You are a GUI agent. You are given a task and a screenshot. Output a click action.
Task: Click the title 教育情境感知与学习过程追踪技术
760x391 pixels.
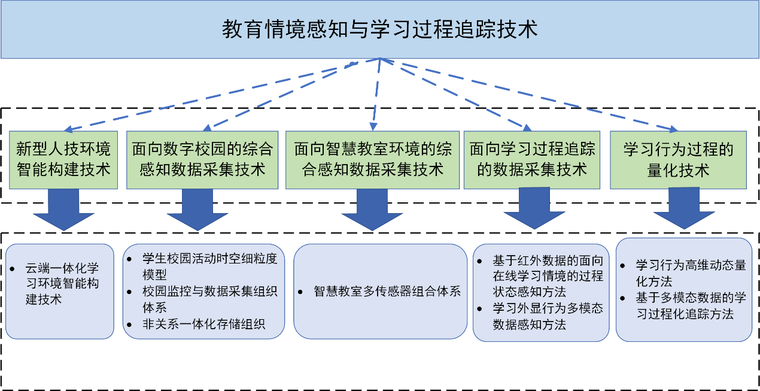379,29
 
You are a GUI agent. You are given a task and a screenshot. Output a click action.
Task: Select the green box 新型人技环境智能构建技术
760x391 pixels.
63,159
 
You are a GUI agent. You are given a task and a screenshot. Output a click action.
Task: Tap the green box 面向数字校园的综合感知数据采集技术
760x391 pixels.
202,159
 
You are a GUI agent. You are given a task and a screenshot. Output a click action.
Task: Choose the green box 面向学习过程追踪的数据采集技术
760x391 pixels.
532,159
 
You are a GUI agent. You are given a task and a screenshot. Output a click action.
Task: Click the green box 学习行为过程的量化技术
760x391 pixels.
678,159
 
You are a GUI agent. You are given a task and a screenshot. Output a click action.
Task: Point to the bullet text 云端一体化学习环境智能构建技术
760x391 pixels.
62,283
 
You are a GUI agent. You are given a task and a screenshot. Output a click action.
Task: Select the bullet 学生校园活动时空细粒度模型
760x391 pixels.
209,267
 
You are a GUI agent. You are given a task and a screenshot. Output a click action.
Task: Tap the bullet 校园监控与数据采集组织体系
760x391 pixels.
209,299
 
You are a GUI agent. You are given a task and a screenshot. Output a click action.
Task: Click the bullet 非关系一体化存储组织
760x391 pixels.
203,324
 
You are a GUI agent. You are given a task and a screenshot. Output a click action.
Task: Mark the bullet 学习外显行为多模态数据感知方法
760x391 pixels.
547,316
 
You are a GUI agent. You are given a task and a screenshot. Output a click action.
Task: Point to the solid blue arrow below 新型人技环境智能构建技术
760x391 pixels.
62,213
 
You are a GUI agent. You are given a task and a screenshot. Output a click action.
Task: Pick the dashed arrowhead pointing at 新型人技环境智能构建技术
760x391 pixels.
68,129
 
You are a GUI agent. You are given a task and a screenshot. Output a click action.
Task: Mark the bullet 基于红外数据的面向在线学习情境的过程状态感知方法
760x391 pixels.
547,276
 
